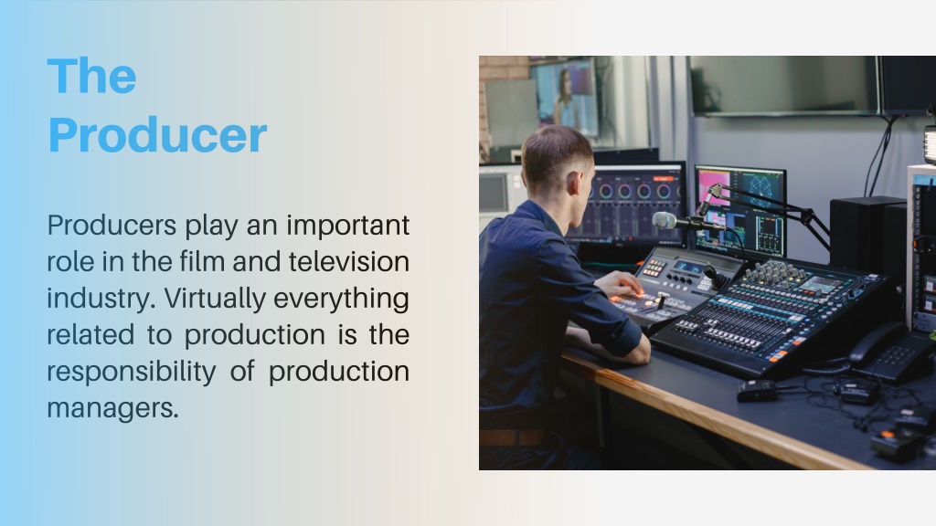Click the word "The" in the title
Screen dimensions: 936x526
coord(91,76)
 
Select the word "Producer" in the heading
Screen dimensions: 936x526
coord(157,135)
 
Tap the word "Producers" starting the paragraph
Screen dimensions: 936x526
coord(112,226)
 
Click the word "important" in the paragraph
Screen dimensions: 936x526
coord(347,226)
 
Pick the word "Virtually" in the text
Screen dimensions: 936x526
coord(214,299)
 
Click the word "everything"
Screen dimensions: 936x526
coord(341,299)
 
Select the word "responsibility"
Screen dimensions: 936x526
coord(132,372)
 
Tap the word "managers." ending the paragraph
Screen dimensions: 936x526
coord(112,408)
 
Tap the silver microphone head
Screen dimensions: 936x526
coord(665,221)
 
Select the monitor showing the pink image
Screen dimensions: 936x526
coord(740,212)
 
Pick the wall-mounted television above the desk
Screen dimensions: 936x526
coord(783,84)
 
